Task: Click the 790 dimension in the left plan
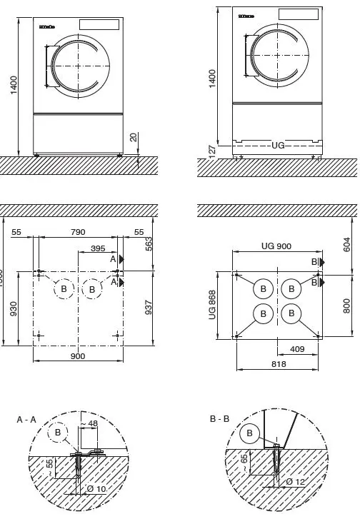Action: tap(77, 232)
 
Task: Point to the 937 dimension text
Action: tap(149, 308)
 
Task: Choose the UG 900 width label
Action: tap(276, 246)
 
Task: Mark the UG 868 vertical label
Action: tap(211, 306)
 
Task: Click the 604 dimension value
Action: tap(347, 246)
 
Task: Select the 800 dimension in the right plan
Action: tap(347, 305)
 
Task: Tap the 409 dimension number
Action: tap(298, 350)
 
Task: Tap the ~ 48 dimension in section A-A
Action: tap(90, 424)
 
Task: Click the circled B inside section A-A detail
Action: tap(57, 433)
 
